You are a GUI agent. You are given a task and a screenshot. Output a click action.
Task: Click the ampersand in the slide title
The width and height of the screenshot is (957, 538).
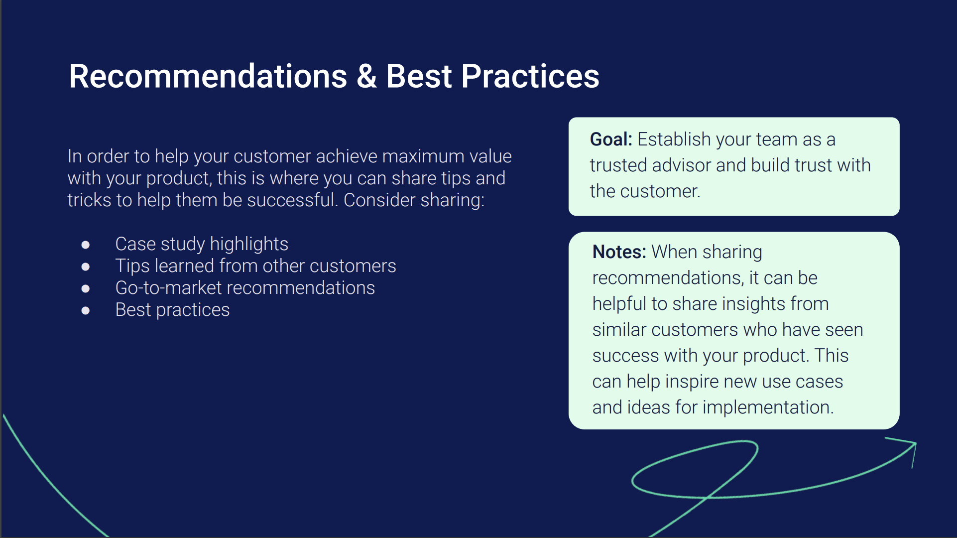(x=366, y=76)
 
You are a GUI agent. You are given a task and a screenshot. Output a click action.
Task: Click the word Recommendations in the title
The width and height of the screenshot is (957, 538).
(x=208, y=76)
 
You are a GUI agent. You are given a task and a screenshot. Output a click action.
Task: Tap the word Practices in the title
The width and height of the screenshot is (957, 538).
(x=530, y=76)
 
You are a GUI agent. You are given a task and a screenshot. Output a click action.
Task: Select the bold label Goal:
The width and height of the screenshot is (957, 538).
(x=611, y=139)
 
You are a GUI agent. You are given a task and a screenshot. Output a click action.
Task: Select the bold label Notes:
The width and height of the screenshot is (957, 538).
(x=619, y=252)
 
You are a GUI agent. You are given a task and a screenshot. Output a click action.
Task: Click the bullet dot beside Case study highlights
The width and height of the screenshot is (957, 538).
(x=86, y=245)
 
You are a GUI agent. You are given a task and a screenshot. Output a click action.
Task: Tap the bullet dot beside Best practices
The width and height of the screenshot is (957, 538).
(x=86, y=310)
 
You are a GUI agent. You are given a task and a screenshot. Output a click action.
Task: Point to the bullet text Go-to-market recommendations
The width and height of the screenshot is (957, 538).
(x=245, y=288)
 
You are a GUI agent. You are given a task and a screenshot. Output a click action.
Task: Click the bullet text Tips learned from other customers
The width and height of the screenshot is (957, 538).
(x=255, y=266)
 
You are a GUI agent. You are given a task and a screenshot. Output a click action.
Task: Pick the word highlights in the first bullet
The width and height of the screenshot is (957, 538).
(x=249, y=244)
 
